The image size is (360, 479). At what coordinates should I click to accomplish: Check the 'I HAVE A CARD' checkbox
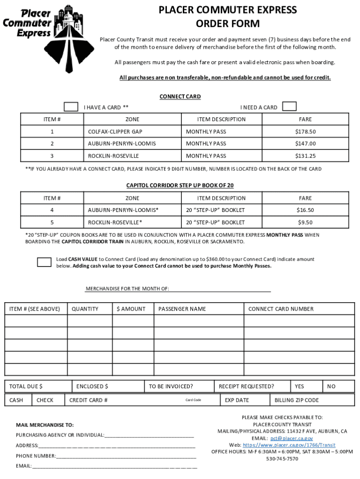(x=71, y=107)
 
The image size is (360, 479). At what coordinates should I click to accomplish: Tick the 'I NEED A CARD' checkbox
(x=289, y=106)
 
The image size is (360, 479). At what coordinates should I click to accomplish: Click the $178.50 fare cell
(x=305, y=131)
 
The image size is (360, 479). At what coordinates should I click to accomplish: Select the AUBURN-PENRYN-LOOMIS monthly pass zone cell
(x=122, y=144)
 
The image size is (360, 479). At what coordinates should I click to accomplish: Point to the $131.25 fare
(x=305, y=156)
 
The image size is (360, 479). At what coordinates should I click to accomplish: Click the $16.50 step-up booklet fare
(x=305, y=210)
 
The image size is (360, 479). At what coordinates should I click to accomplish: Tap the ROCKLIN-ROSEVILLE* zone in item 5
(x=115, y=222)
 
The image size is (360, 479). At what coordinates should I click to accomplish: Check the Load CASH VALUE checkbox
(x=44, y=262)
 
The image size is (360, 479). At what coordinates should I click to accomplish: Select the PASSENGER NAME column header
(x=182, y=309)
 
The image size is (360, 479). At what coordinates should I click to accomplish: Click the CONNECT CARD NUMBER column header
(x=281, y=309)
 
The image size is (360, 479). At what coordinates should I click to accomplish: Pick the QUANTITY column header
(x=85, y=309)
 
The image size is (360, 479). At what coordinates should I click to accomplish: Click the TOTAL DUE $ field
(x=38, y=386)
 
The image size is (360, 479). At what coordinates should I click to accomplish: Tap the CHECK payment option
(x=45, y=400)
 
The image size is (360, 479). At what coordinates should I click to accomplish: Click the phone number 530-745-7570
(x=282, y=459)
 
